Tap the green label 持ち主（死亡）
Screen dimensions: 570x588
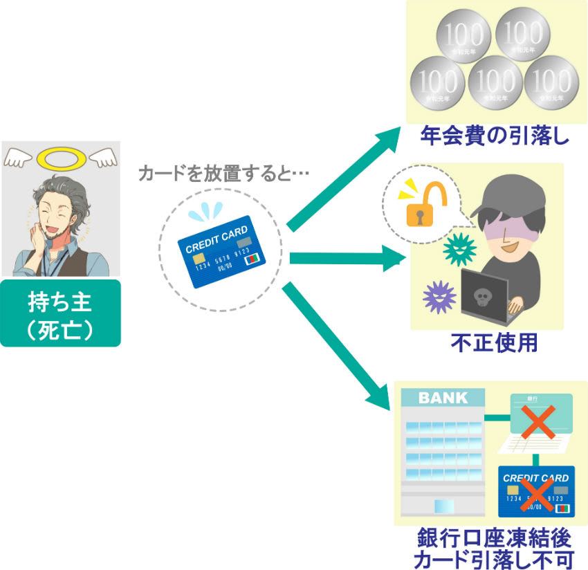[x=60, y=313]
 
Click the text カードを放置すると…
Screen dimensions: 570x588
[x=223, y=173]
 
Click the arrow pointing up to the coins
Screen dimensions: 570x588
[x=345, y=176]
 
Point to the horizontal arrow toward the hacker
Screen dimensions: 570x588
[x=346, y=259]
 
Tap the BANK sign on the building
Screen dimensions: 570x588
[x=443, y=398]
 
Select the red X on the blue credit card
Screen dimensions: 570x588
[x=538, y=493]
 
